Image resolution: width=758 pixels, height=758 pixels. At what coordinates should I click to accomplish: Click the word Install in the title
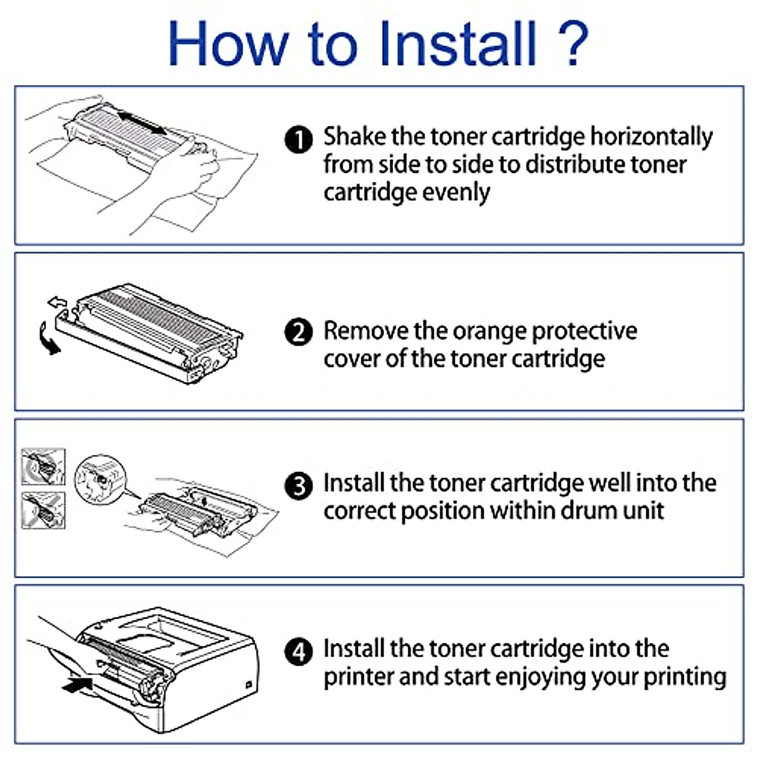[457, 44]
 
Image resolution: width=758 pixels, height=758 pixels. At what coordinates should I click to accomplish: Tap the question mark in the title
[573, 44]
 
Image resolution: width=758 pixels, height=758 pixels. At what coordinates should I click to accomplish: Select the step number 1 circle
[299, 139]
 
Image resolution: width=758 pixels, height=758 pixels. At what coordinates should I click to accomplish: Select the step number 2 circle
[299, 332]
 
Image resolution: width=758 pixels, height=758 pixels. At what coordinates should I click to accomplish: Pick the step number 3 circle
[299, 486]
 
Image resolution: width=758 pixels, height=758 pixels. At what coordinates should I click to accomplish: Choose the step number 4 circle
[299, 652]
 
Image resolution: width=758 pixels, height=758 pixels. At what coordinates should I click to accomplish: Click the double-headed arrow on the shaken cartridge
[142, 123]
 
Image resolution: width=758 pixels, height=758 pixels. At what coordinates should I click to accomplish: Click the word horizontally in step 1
[651, 137]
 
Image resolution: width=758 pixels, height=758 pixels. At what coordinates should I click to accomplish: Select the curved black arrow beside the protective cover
[49, 339]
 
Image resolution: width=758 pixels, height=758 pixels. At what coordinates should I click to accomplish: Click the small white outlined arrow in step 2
[57, 302]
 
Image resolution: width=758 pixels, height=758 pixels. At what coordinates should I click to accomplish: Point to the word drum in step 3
[587, 511]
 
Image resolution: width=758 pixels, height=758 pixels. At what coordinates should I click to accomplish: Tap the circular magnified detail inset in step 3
[100, 479]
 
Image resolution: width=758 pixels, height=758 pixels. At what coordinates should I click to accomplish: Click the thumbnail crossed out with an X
[44, 510]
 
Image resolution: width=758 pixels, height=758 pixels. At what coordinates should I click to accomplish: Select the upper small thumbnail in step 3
[44, 467]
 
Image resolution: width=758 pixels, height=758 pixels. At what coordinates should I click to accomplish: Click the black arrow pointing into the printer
[78, 684]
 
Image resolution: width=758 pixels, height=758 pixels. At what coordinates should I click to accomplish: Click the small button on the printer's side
[248, 685]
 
